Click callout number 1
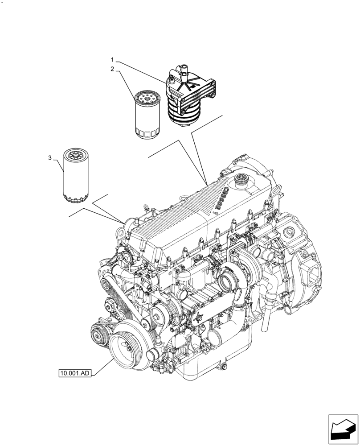[x=113, y=59]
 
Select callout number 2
[x=113, y=69]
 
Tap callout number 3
[x=50, y=158]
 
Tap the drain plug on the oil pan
[x=224, y=367]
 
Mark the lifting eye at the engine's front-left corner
[x=145, y=207]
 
